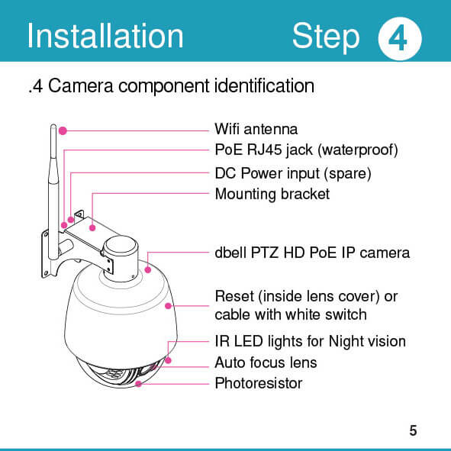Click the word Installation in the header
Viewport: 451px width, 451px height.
tap(105, 36)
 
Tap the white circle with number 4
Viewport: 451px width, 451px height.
tap(400, 39)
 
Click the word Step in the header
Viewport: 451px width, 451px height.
tap(326, 37)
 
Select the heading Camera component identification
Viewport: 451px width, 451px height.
tap(181, 86)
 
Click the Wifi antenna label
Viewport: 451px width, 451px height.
tap(256, 129)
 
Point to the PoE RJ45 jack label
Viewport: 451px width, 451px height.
tap(306, 150)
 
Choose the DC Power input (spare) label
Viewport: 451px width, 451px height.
tap(293, 173)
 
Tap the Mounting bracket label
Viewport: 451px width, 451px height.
tap(272, 194)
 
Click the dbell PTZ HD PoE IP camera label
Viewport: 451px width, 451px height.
tap(312, 253)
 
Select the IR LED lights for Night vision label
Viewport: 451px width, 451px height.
tap(311, 341)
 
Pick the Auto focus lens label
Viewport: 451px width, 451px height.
tap(266, 362)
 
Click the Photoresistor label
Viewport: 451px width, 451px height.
tap(259, 383)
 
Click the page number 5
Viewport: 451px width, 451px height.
tap(413, 430)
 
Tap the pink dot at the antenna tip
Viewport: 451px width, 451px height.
tap(63, 130)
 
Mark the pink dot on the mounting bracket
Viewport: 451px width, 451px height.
tap(92, 228)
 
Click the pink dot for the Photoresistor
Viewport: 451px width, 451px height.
tap(138, 384)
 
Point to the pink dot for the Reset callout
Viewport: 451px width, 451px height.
tap(168, 306)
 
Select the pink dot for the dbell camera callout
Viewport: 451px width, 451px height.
tap(148, 270)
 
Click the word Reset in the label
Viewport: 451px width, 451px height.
tap(234, 297)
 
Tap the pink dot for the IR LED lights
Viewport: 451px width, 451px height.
tap(168, 360)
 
